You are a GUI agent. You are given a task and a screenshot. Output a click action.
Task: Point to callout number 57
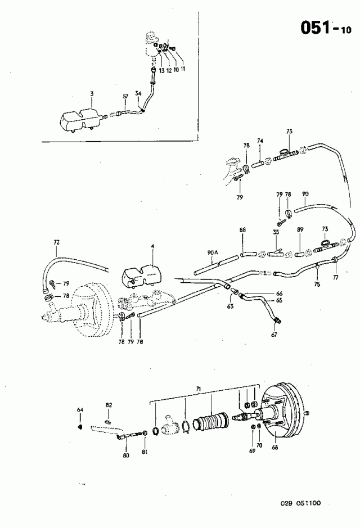[x=126, y=96]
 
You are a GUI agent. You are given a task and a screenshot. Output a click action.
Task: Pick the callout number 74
[x=260, y=141]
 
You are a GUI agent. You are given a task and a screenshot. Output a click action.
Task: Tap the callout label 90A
[x=212, y=253]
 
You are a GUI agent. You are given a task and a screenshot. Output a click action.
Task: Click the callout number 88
[x=242, y=230]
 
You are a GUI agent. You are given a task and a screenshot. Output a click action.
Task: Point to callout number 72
[x=56, y=242]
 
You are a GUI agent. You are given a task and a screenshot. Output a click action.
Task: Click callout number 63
[x=230, y=307]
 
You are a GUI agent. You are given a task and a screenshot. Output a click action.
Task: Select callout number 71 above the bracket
[x=198, y=389]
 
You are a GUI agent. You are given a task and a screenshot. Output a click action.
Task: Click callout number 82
[x=109, y=405]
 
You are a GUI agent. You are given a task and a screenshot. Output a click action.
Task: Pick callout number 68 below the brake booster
[x=274, y=448]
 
